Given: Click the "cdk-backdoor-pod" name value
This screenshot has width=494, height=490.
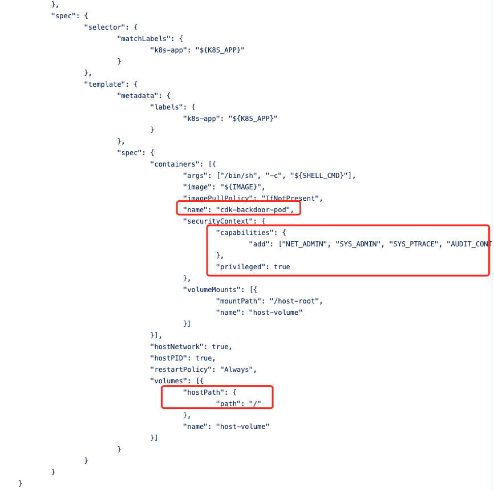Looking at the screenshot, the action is coord(257,209).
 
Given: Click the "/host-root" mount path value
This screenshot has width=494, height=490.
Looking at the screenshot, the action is coord(290,301).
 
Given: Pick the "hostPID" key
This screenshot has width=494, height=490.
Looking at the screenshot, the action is coord(168,358).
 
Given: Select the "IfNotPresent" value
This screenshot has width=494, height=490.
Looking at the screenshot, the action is coord(292,198).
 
